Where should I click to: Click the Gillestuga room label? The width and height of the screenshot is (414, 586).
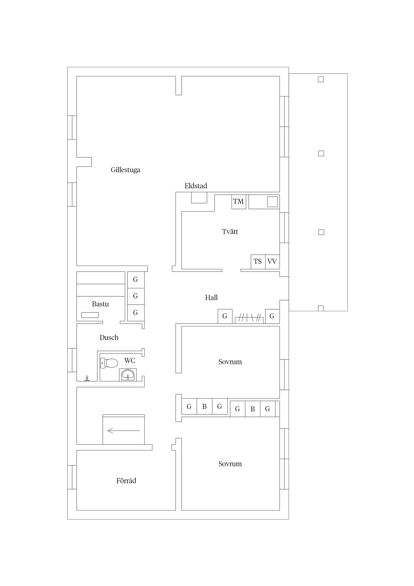[x=125, y=170]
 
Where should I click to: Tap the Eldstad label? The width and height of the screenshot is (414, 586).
[x=196, y=186]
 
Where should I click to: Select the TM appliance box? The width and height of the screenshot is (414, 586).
[x=239, y=202]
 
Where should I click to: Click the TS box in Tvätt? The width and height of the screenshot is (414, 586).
[x=258, y=262]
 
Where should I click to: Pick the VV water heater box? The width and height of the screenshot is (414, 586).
[x=272, y=262]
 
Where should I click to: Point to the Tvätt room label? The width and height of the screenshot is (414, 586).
[x=230, y=232]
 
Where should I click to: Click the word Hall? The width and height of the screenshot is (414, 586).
[x=211, y=298]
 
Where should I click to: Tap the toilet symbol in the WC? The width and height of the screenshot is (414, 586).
[x=109, y=363]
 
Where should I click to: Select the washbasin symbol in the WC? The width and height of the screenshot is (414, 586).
[x=128, y=375]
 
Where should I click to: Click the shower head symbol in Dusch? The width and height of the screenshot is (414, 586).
[x=87, y=378]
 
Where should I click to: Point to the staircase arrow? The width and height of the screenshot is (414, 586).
[x=124, y=431]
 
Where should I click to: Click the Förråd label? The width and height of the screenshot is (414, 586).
[x=126, y=481]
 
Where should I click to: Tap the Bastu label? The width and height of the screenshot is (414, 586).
[x=100, y=304]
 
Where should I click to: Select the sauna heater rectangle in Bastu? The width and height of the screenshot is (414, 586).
[x=90, y=315]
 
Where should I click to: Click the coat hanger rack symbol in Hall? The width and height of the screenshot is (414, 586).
[x=249, y=318]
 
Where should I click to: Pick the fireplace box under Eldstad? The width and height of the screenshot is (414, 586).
[x=199, y=198]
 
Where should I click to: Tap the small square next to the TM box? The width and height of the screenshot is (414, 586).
[x=272, y=202]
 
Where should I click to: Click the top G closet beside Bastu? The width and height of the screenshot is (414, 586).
[x=136, y=279]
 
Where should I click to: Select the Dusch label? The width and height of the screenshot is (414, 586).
[x=109, y=338]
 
